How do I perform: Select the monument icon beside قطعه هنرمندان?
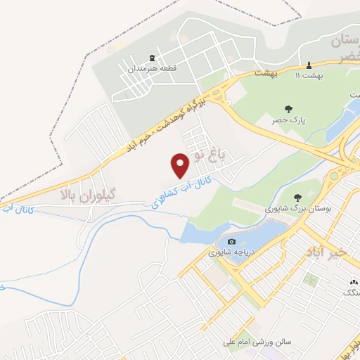[x=151, y=58]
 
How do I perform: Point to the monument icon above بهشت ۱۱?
[x=310, y=63]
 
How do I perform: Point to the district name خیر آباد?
[x=328, y=251]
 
